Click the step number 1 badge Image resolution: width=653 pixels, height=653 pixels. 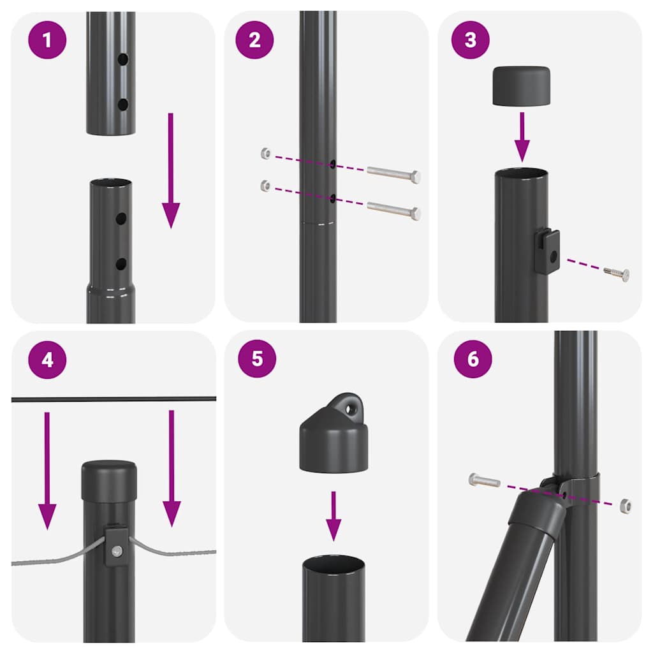tap(47, 40)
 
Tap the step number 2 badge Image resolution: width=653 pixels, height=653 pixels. tap(254, 40)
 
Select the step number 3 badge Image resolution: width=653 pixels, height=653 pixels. tap(471, 40)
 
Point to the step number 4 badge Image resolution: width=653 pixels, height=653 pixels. tap(47, 360)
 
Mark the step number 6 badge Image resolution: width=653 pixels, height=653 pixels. tap(473, 358)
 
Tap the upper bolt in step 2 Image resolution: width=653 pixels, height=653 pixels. tap(393, 173)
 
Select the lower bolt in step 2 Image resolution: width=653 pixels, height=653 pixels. tap(393, 210)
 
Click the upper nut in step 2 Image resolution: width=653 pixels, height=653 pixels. tap(266, 153)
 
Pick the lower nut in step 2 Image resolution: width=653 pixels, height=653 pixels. tap(266, 186)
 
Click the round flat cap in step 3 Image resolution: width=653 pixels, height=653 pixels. tap(522, 85)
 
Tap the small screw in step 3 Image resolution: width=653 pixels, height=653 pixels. tap(617, 274)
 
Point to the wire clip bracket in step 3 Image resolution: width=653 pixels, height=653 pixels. tap(547, 252)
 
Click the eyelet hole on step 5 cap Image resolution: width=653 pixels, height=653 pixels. tap(349, 404)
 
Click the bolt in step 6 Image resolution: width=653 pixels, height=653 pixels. tap(484, 480)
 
